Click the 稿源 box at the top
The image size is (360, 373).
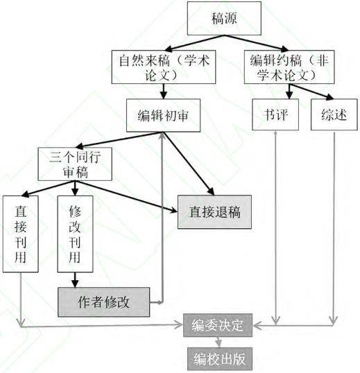click(x=224, y=18)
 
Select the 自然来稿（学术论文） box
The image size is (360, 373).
click(x=164, y=67)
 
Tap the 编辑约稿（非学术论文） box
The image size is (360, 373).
click(x=289, y=67)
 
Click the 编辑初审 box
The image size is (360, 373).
click(x=163, y=115)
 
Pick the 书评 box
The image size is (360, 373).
click(x=275, y=114)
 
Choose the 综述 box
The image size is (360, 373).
click(x=334, y=114)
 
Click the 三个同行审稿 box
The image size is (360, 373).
click(x=75, y=164)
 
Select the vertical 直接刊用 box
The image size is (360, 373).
click(x=21, y=234)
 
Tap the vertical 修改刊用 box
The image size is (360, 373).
click(x=75, y=234)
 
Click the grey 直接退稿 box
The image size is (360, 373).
click(x=214, y=212)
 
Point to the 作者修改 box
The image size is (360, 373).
click(x=103, y=302)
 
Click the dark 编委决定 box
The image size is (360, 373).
click(x=218, y=325)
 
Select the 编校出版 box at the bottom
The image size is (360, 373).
click(x=219, y=359)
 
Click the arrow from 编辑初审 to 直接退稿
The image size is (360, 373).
click(x=189, y=164)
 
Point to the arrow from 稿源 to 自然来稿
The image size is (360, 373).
click(x=194, y=43)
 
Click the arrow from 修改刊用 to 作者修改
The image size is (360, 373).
click(x=75, y=280)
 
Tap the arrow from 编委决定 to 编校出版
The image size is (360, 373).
click(x=218, y=342)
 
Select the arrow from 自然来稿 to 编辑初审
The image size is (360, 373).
click(x=163, y=92)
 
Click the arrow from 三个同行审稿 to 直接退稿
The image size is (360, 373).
click(x=126, y=196)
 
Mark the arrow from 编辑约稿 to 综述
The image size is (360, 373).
click(x=311, y=92)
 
